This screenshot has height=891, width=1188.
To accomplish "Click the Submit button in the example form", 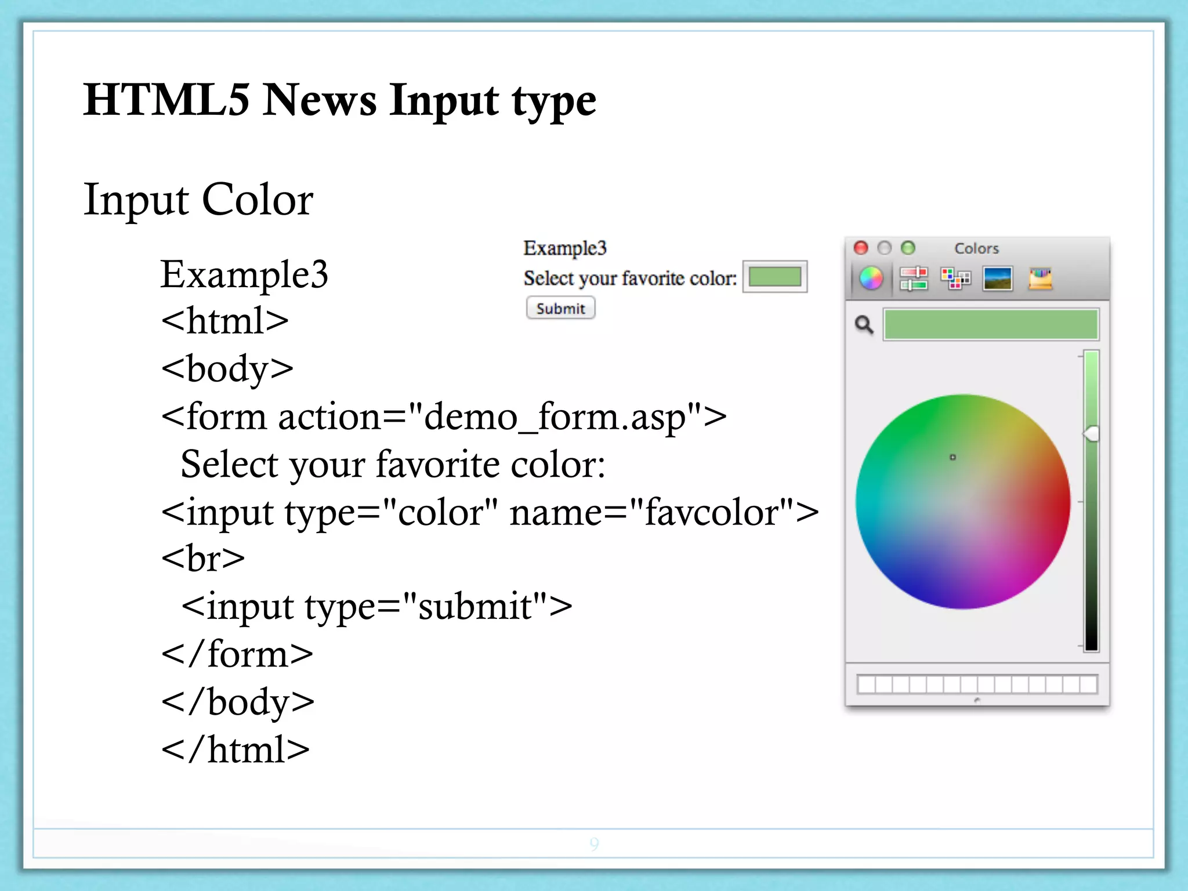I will (x=560, y=308).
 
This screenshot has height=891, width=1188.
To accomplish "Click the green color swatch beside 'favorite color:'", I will (x=774, y=277).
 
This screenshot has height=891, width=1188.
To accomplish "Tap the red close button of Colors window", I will (x=861, y=248).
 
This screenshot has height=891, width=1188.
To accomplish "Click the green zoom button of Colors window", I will (x=908, y=248).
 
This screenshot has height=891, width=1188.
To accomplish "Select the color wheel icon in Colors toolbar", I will (x=871, y=278).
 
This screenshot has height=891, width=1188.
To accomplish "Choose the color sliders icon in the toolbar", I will (x=913, y=278).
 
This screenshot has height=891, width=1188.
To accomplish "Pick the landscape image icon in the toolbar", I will (x=998, y=278).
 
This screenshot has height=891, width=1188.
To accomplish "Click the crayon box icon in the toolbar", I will (x=1040, y=278).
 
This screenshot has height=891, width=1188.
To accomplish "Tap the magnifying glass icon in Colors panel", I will (x=864, y=325).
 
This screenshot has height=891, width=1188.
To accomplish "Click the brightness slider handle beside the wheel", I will (x=1091, y=433).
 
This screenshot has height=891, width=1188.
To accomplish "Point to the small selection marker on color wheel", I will (x=952, y=457).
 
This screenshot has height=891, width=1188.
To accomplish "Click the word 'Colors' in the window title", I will (x=976, y=248).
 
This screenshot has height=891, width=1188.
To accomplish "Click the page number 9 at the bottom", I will (x=594, y=843).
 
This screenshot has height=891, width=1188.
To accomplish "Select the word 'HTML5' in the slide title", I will (x=166, y=100).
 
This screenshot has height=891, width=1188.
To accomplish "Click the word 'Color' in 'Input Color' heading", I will (x=257, y=200).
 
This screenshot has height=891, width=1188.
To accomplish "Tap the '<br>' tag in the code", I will (x=203, y=559).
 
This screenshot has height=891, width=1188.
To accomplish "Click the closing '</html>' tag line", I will (x=236, y=749).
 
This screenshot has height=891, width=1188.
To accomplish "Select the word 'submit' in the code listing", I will (x=475, y=607).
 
